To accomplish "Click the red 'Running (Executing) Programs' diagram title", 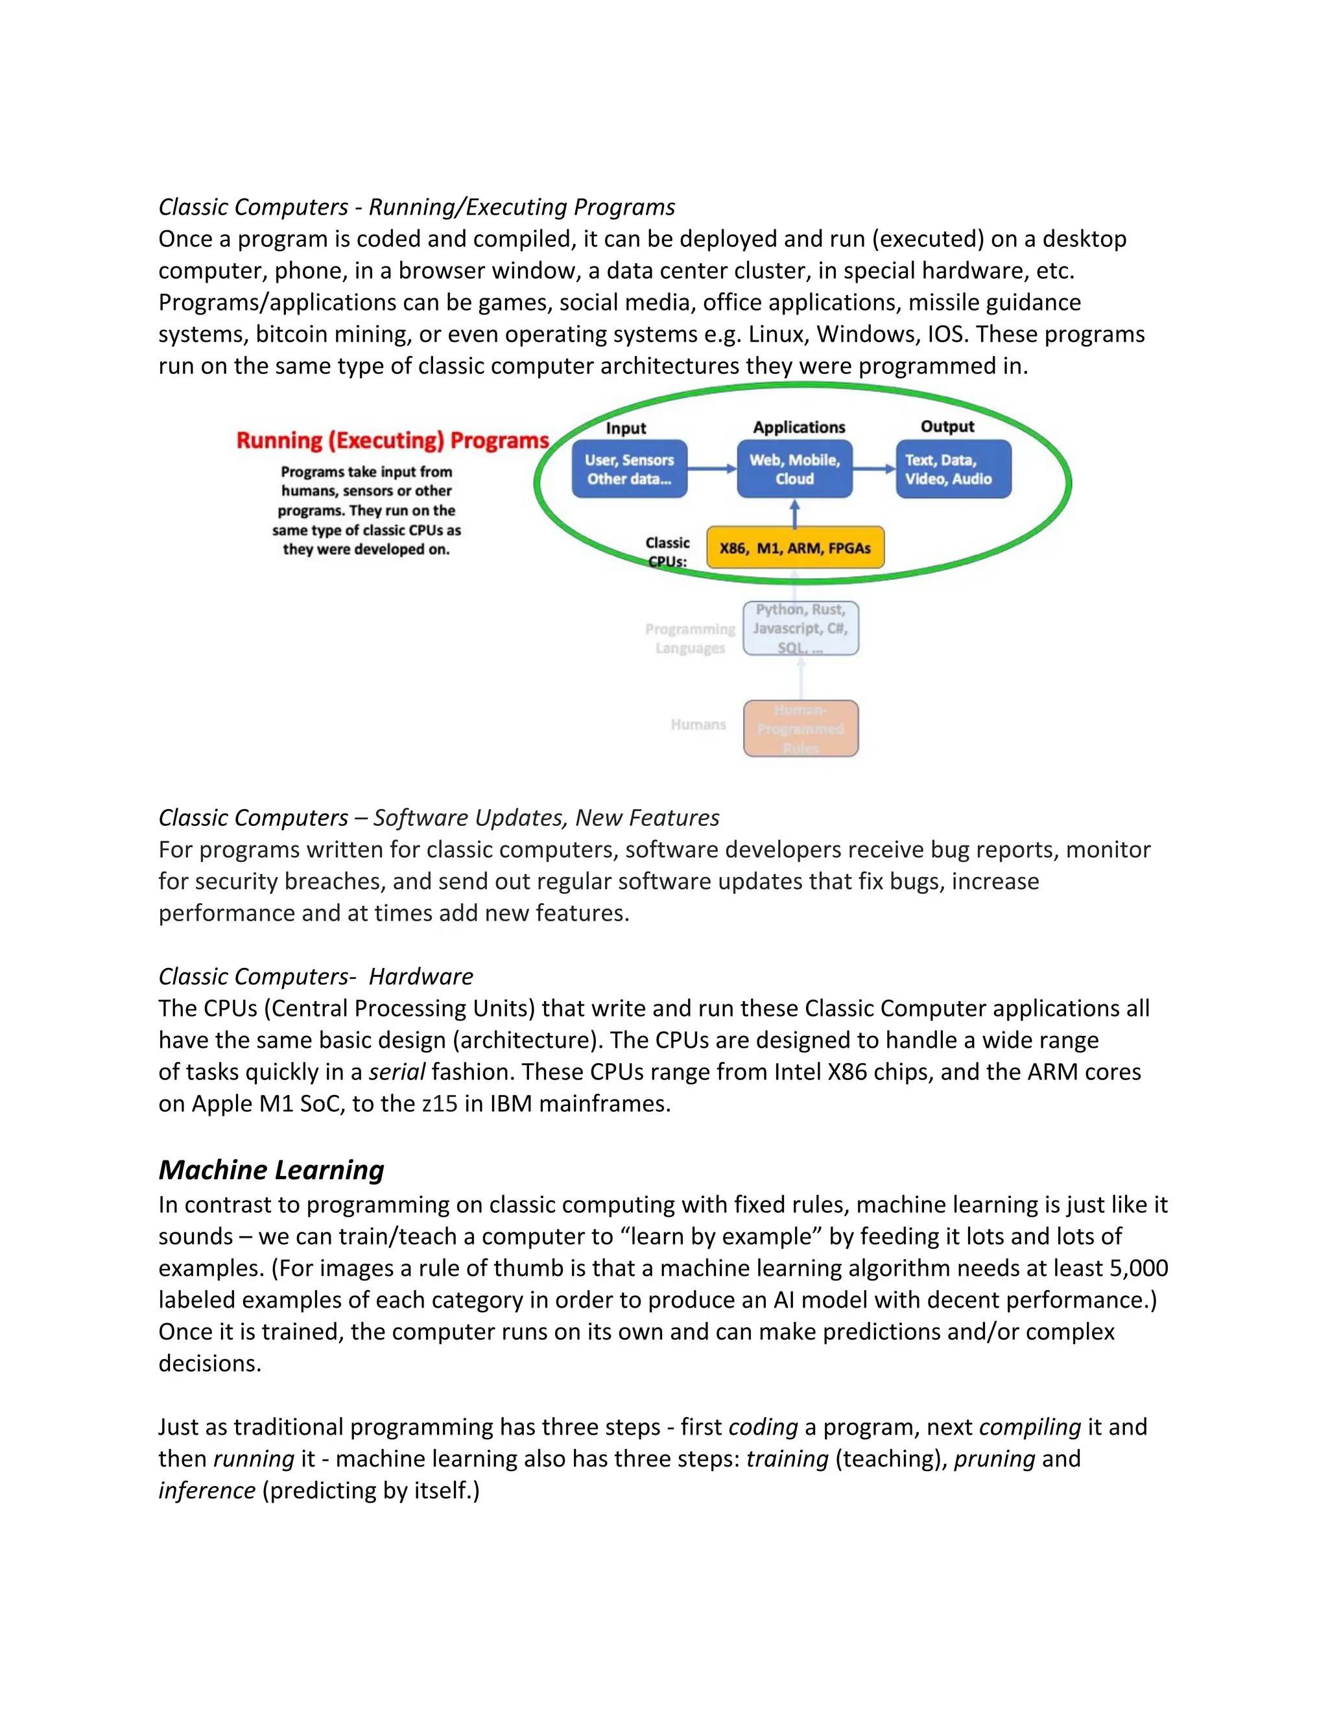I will pyautogui.click(x=392, y=440).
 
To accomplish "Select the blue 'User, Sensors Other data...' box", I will pyautogui.click(x=630, y=469).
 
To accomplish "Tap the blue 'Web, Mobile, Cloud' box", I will pyautogui.click(x=794, y=469).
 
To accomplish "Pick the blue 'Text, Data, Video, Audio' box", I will pyautogui.click(x=953, y=469).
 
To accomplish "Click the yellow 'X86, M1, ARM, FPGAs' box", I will pyautogui.click(x=794, y=548).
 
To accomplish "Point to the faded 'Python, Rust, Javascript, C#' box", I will pyautogui.click(x=800, y=628).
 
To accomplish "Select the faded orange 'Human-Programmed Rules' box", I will pyautogui.click(x=800, y=729).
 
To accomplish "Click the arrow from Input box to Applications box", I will pyautogui.click(x=711, y=469).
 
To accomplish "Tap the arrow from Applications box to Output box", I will pyautogui.click(x=873, y=469).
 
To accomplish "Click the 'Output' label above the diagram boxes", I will pyautogui.click(x=947, y=427).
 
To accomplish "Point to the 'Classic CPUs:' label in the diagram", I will pyautogui.click(x=667, y=552).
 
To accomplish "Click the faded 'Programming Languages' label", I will pyautogui.click(x=690, y=638).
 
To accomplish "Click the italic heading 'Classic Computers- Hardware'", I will pyautogui.click(x=316, y=976).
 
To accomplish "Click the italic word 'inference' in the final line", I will pyautogui.click(x=207, y=1490).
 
